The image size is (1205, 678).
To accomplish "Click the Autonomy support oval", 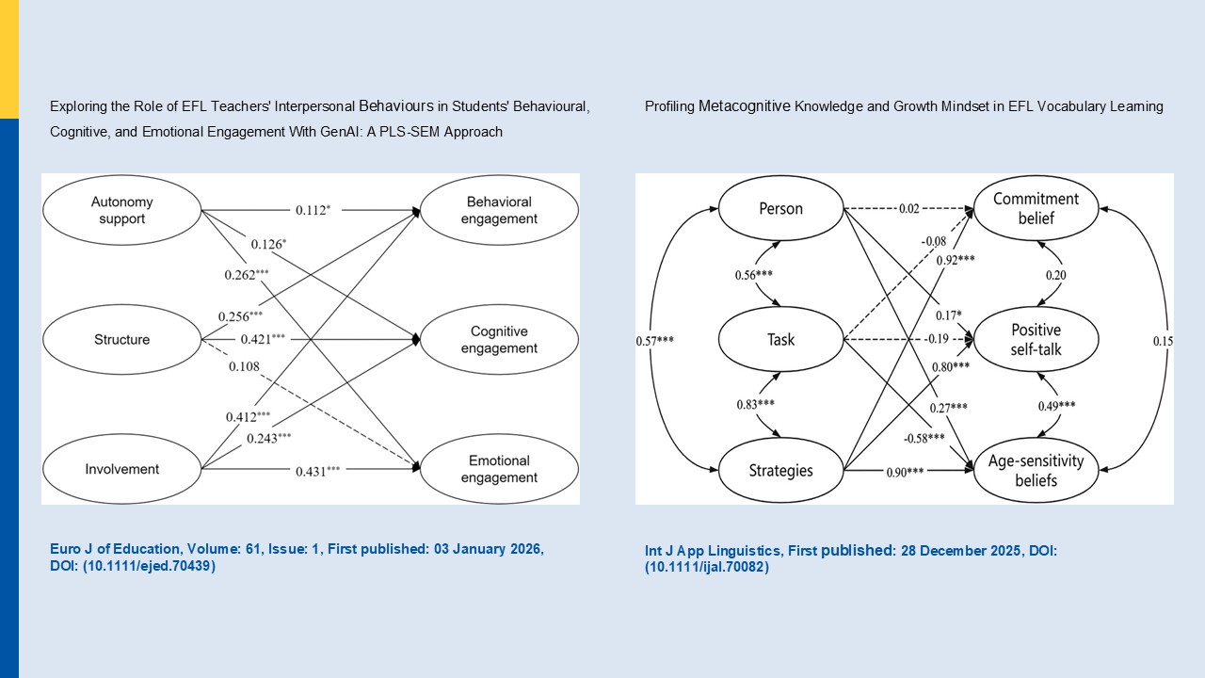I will pyautogui.click(x=122, y=210).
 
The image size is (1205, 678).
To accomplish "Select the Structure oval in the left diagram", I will pyautogui.click(x=122, y=339).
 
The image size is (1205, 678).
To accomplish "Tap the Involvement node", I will pyautogui.click(x=122, y=469).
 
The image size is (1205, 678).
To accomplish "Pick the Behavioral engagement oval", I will pyautogui.click(x=499, y=210).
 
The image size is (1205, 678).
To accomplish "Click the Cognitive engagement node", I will pyautogui.click(x=499, y=340).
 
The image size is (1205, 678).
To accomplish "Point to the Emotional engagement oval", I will pyautogui.click(x=499, y=469).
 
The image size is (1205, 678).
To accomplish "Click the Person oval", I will pyautogui.click(x=780, y=208).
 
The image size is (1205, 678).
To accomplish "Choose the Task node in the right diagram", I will pyautogui.click(x=780, y=339).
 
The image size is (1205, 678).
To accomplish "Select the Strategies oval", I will pyautogui.click(x=780, y=470).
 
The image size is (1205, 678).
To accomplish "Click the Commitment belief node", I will pyautogui.click(x=1036, y=209).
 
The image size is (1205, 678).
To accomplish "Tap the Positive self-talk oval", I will pyautogui.click(x=1036, y=339).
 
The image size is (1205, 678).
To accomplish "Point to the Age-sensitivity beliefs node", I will pyautogui.click(x=1036, y=470).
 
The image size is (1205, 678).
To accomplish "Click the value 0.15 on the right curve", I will pyautogui.click(x=1163, y=340).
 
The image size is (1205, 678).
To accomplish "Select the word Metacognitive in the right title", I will pyautogui.click(x=745, y=106).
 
